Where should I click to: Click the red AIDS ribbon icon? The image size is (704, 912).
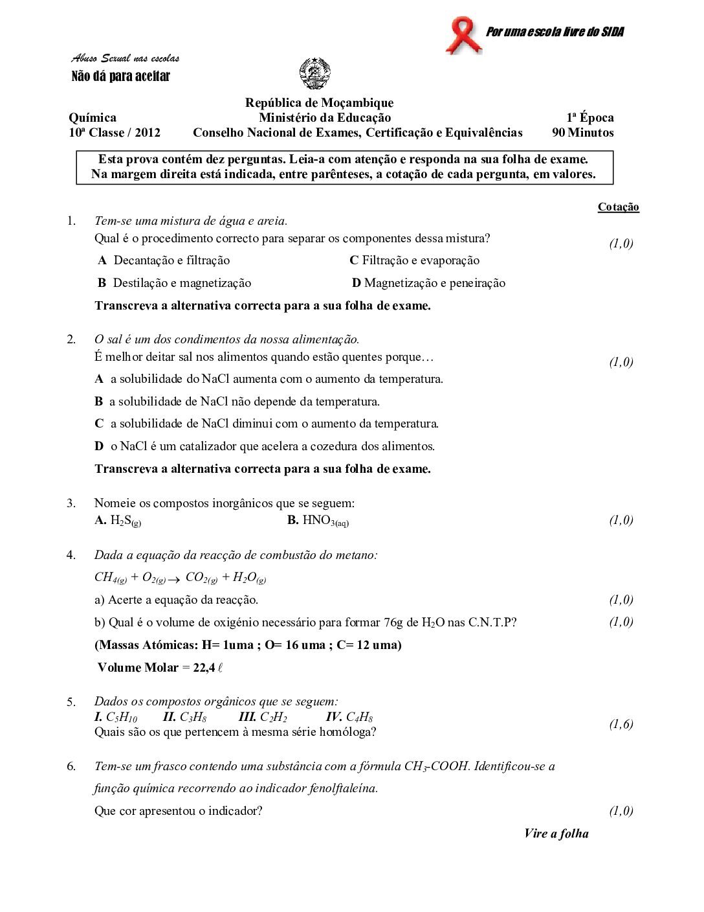463,36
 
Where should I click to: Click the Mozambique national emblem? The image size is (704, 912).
315,74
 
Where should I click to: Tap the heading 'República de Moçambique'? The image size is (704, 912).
319,102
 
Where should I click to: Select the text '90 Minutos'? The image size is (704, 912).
582,133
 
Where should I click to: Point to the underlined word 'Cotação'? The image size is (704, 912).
618,207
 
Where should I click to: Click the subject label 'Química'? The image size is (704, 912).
93,117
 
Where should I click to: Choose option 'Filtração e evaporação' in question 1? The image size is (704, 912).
421,260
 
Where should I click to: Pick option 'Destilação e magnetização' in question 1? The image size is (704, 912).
182,283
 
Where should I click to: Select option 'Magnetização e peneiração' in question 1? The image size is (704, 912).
434,283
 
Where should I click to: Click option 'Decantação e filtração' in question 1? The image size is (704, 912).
171,260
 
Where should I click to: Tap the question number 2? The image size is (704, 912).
71,339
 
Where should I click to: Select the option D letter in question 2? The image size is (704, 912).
99,446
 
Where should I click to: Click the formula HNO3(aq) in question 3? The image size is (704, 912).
325,520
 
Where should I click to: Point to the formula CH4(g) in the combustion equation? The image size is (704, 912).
111,577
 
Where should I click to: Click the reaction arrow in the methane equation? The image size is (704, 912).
173,578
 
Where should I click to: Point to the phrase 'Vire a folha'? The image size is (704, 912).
556,834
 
